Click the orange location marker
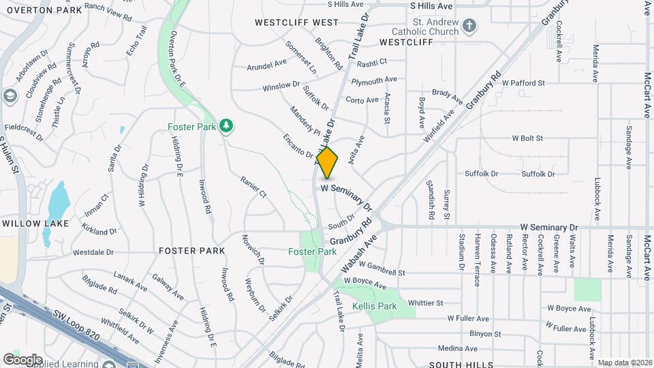(328, 163)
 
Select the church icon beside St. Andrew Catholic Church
(469, 27)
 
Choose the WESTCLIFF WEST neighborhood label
(296, 22)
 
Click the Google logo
(22, 359)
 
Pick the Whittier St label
(426, 303)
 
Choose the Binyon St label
(485, 334)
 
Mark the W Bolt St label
(525, 138)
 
